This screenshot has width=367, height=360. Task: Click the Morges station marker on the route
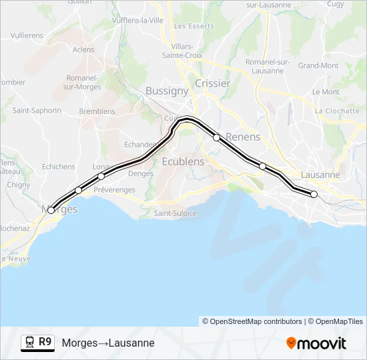coord(51,211)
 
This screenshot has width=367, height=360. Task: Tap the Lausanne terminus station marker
coord(314,195)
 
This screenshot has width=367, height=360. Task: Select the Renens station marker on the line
coord(217,137)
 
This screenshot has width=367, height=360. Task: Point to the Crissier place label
coord(213,83)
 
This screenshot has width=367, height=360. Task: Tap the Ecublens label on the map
coord(183,161)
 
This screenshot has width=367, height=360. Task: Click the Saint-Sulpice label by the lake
coord(175,213)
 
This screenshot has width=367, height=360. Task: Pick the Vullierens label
coord(27,35)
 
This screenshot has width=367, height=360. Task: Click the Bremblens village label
coord(97,111)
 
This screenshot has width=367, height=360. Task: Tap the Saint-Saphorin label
coord(37,111)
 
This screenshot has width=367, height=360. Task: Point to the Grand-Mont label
coord(318,65)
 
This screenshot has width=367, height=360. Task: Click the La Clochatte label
coord(338,111)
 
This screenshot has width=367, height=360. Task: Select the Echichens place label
coord(58,167)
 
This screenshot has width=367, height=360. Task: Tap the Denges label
coord(140,173)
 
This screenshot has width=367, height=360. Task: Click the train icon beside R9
coord(29,343)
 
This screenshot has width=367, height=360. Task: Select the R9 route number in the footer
coord(45,342)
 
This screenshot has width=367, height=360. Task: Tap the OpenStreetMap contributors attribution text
coord(252,321)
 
